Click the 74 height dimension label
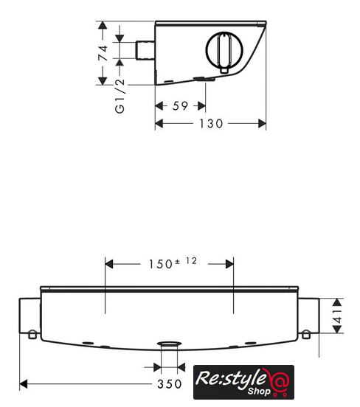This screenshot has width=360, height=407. click(x=103, y=53)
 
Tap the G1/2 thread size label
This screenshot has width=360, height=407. click(x=120, y=97)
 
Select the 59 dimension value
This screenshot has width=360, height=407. click(x=180, y=106)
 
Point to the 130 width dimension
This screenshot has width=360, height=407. click(x=211, y=124)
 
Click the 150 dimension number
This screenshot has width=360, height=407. click(x=161, y=264)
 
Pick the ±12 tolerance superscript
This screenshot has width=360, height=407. click(x=186, y=261)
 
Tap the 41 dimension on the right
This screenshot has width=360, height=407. click(x=338, y=316)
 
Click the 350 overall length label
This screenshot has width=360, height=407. click(x=170, y=384)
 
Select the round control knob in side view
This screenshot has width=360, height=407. click(x=224, y=49)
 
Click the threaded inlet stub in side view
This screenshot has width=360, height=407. click(x=145, y=50)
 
